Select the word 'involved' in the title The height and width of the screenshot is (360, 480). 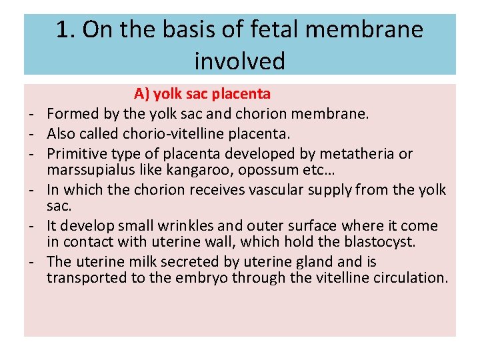click(240, 61)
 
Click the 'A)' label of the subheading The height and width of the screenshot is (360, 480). click(143, 93)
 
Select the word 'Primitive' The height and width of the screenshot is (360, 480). click(77, 154)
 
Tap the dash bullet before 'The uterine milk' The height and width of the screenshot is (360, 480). click(31, 262)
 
